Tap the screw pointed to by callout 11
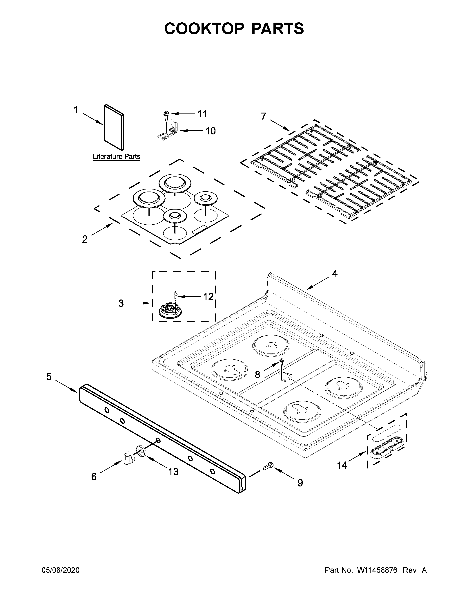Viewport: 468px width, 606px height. point(166,115)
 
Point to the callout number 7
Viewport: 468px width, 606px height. point(263,116)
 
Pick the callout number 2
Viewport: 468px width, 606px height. point(85,239)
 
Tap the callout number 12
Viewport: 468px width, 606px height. point(208,297)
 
